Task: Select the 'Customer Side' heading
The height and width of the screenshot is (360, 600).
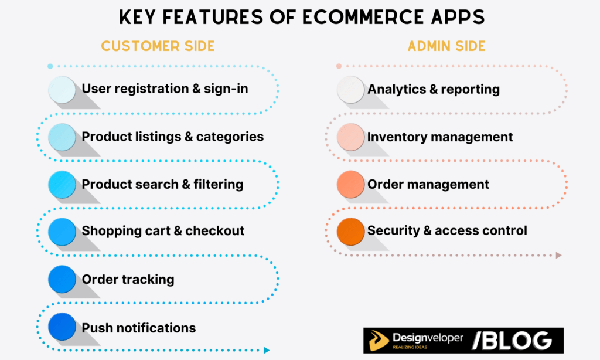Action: coord(158,46)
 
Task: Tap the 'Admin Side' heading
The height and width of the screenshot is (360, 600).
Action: coord(446,46)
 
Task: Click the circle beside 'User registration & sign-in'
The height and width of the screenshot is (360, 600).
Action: coord(62,89)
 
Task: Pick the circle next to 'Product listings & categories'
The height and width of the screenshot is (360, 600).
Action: coord(62,137)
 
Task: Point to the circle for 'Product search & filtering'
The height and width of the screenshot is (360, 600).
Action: coord(62,184)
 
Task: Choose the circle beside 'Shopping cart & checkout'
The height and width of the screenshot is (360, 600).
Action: coord(62,231)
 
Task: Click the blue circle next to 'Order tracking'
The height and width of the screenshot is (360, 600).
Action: coord(62,279)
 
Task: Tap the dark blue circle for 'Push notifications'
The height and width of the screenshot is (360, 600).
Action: coord(62,327)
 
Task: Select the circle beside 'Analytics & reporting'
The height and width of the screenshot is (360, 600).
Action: coord(350,89)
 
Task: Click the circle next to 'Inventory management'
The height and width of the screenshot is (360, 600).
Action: coord(350,137)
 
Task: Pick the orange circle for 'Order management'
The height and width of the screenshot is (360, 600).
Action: coord(350,184)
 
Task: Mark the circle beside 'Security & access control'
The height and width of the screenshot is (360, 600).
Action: coord(350,231)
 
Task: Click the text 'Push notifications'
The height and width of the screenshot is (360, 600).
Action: coord(139,327)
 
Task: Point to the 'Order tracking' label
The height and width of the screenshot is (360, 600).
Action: coord(128,279)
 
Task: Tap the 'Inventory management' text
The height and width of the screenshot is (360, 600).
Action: coord(440,137)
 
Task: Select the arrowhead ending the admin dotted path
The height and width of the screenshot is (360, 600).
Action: coord(558,255)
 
